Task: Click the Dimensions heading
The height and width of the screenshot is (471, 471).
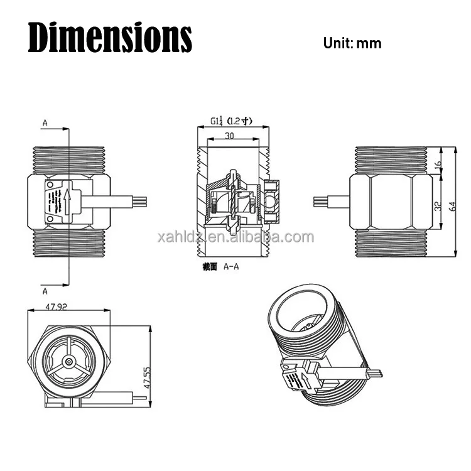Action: click(x=110, y=38)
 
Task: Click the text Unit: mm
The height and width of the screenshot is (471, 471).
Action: click(x=352, y=43)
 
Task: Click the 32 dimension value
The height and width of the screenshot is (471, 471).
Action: click(x=438, y=205)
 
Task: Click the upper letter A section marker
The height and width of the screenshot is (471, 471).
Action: click(x=45, y=124)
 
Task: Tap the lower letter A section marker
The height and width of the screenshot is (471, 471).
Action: click(x=45, y=291)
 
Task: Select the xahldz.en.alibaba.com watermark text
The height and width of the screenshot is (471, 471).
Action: click(x=235, y=237)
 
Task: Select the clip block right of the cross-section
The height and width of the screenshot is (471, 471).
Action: click(x=273, y=201)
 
